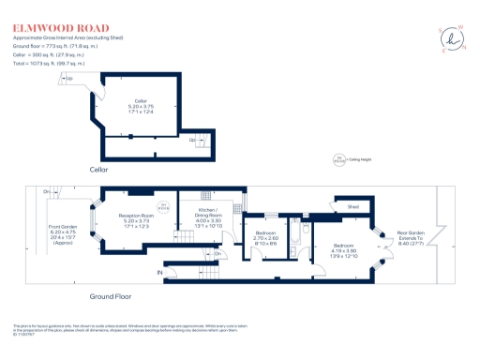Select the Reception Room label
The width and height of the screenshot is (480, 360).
(x=136, y=220)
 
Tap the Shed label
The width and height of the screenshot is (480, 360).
(x=353, y=207)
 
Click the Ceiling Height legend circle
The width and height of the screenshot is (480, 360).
(x=339, y=158)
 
